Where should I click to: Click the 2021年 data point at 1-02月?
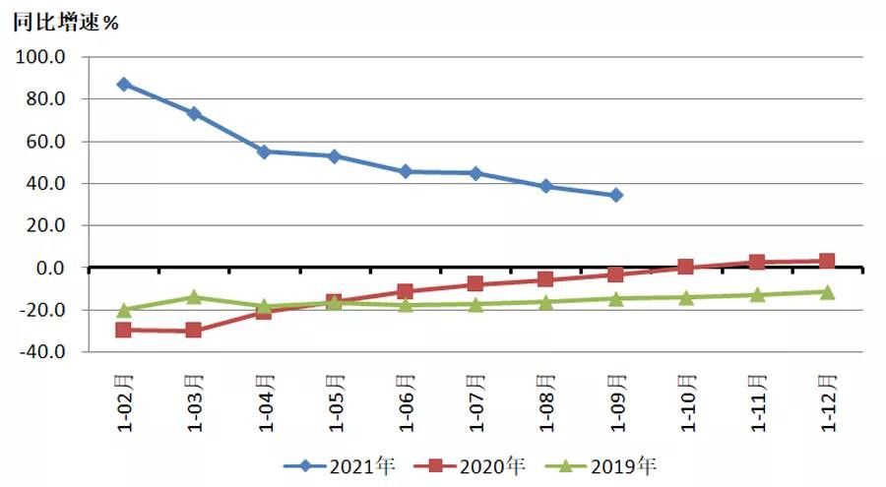(123, 85)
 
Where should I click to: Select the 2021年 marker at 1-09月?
(616, 195)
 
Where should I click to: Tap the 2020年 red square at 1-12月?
(827, 261)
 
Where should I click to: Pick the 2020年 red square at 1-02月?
(123, 330)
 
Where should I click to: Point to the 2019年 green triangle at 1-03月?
(194, 296)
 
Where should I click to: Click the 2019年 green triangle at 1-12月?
(827, 291)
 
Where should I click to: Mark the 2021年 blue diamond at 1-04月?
(264, 152)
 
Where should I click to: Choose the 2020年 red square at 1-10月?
(686, 267)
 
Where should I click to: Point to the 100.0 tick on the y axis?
(40, 57)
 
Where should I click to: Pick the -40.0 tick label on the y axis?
(40, 351)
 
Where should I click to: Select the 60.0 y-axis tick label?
(44, 142)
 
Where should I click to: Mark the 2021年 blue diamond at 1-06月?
(405, 171)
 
